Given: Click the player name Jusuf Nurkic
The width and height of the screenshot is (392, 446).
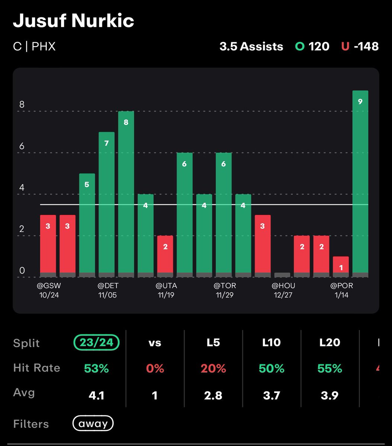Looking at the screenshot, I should [73, 21].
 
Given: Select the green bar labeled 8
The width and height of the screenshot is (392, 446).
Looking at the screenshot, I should [126, 194].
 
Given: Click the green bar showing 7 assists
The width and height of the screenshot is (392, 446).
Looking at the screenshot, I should [106, 204].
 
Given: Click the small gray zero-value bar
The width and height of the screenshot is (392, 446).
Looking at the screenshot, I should [282, 275].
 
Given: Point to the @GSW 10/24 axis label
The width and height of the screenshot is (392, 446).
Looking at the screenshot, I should [48, 290].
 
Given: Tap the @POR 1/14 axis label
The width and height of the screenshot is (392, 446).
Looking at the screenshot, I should [341, 290].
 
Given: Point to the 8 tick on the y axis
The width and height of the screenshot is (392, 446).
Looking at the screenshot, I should [22, 105].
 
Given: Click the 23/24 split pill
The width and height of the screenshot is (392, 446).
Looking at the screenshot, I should [96, 342].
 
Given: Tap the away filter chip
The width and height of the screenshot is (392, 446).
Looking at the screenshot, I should [93, 423].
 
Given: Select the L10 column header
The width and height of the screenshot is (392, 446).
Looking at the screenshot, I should [271, 342].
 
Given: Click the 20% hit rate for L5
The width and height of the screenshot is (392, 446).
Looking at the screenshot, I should [213, 368].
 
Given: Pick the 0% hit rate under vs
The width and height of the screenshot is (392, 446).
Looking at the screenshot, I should [155, 368].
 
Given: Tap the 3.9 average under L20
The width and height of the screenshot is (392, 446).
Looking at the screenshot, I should [330, 395].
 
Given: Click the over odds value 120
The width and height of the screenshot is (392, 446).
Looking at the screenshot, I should [319, 46].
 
